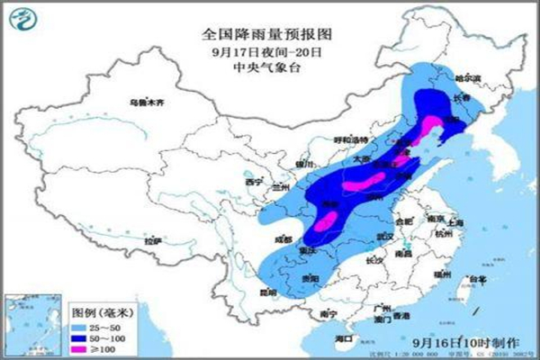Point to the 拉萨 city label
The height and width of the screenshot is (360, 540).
pyautogui.click(x=154, y=241)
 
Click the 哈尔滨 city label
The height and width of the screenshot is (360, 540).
pyautogui.click(x=465, y=78)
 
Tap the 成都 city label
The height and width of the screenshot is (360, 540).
pyautogui.click(x=285, y=239)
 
